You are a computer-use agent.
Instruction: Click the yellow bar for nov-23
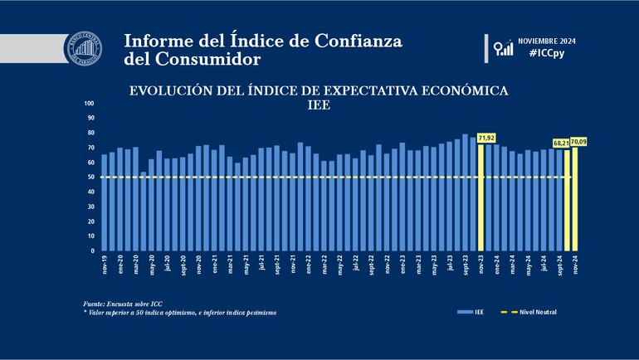tap(481, 199)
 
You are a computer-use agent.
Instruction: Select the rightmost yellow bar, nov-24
tap(575, 199)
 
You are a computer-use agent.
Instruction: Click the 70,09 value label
tap(578, 140)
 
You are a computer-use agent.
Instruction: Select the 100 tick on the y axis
tap(90, 105)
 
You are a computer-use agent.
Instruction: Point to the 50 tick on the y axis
tap(91, 178)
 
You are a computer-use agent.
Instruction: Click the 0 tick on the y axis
tap(93, 251)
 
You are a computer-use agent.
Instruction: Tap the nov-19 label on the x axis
tap(105, 264)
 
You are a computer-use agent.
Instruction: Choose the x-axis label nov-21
tap(292, 264)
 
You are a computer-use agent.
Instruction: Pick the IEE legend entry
tap(469, 312)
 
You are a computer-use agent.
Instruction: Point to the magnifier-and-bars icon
tap(503, 47)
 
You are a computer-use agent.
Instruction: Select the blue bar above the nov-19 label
tap(105, 202)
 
